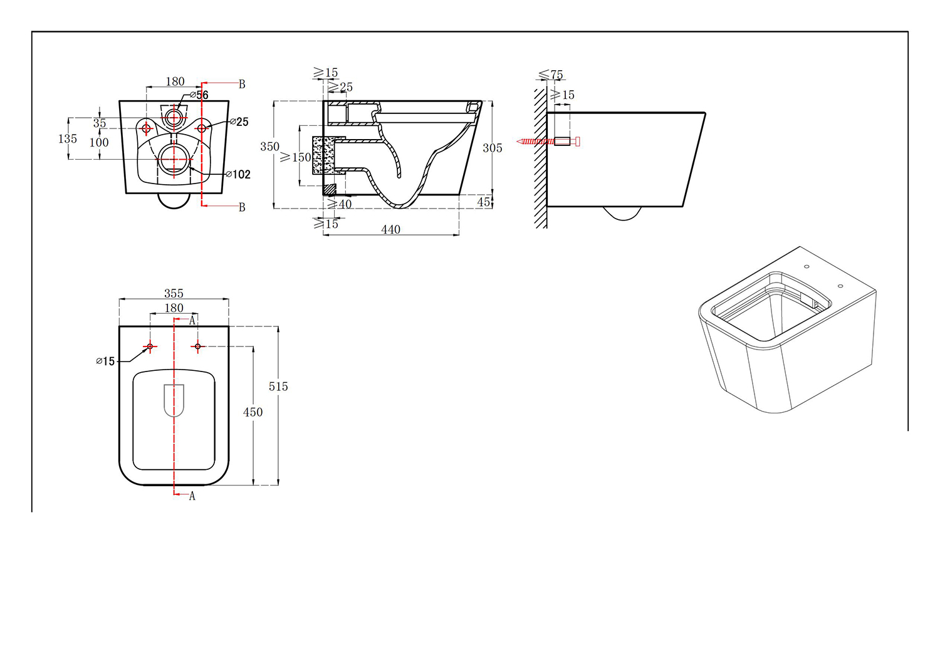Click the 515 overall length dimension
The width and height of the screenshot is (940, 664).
tap(278, 386)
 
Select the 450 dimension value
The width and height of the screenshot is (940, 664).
tap(253, 412)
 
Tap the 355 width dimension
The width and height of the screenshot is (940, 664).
tap(174, 293)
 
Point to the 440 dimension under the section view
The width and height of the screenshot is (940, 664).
tap(390, 230)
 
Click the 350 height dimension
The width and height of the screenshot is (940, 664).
tap(269, 147)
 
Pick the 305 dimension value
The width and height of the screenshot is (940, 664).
tap(492, 148)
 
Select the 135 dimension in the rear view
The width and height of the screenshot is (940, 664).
tap(68, 138)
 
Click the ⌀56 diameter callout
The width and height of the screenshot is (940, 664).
tap(199, 95)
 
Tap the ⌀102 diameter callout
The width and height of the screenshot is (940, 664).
tap(238, 174)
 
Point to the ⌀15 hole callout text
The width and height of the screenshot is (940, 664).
tap(105, 361)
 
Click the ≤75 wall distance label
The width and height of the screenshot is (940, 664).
tap(551, 75)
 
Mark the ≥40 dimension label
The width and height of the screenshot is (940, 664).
tap(340, 204)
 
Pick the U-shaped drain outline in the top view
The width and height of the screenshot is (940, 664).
tap(174, 400)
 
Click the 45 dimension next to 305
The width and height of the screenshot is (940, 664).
tap(484, 202)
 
